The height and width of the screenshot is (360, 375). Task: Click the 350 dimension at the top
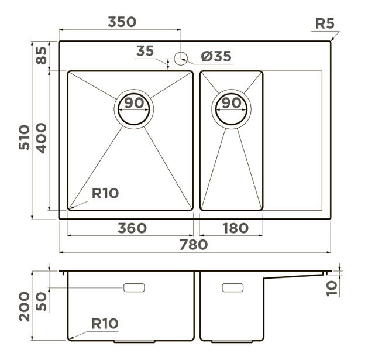(122, 22)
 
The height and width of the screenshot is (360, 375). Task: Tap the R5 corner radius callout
(325, 23)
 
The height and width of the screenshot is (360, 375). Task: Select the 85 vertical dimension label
(42, 56)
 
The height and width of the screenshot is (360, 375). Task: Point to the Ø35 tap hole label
(216, 56)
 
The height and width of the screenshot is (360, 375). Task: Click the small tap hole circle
(181, 58)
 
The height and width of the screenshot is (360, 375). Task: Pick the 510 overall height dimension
(25, 137)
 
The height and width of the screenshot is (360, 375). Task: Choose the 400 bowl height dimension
(42, 138)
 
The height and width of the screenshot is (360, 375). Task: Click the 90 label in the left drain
(134, 102)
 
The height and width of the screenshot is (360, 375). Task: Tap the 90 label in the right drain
(231, 102)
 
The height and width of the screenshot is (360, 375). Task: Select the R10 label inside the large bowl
(105, 193)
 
